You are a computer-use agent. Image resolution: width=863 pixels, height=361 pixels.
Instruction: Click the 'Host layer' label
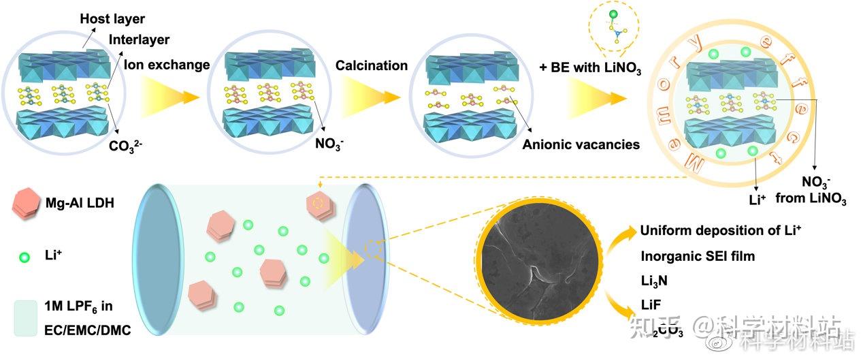click(x=112, y=18)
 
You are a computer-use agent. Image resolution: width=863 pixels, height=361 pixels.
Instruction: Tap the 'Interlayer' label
click(x=139, y=40)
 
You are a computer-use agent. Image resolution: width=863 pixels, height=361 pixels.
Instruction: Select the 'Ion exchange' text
click(x=167, y=65)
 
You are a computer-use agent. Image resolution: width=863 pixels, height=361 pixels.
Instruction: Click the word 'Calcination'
click(x=372, y=65)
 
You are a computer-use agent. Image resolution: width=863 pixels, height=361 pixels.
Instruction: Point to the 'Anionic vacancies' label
click(x=581, y=144)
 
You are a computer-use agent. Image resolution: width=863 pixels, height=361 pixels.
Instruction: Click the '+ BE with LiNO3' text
click(x=590, y=68)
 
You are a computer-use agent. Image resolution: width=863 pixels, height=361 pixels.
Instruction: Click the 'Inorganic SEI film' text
click(x=698, y=257)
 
